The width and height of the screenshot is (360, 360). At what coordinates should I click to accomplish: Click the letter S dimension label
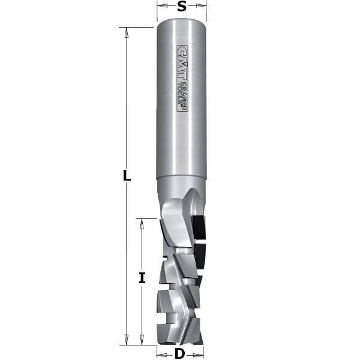[x=181, y=8]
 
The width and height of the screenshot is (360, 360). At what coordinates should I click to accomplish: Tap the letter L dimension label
[x=127, y=176]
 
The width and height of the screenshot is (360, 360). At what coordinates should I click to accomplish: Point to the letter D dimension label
[x=179, y=353]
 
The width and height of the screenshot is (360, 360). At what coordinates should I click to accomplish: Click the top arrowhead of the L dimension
[x=127, y=32]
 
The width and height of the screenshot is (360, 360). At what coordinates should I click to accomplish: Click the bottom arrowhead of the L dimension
[x=127, y=340]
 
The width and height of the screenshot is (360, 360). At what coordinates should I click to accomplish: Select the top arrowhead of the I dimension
[x=142, y=223]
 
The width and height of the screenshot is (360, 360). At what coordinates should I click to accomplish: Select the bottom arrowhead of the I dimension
[x=142, y=340]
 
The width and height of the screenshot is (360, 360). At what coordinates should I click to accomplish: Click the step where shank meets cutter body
[x=181, y=178]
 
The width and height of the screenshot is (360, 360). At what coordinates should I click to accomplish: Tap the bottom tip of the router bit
[x=180, y=343]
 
